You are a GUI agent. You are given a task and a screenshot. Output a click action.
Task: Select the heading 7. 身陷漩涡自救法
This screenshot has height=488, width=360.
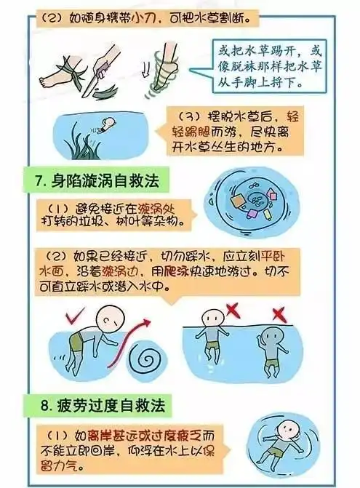tap(100, 179)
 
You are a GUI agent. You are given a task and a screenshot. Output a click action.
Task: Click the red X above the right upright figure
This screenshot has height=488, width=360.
tap(279, 314)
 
